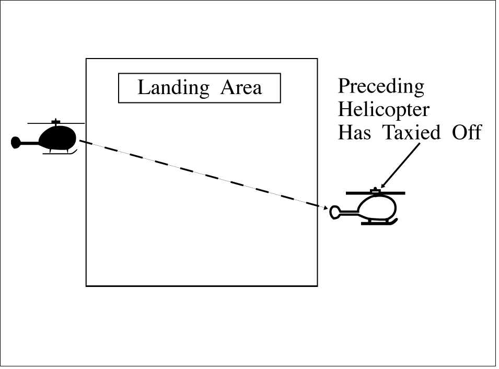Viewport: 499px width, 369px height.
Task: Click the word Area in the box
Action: click(x=241, y=87)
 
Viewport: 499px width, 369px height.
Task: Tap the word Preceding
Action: click(x=381, y=87)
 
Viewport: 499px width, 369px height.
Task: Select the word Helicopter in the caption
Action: click(x=384, y=110)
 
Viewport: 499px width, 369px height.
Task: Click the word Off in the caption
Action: click(x=466, y=132)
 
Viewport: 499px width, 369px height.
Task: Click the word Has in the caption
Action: click(x=355, y=132)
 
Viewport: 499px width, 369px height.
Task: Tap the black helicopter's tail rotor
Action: click(x=16, y=142)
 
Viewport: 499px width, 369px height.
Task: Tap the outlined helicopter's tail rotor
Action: click(x=334, y=212)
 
